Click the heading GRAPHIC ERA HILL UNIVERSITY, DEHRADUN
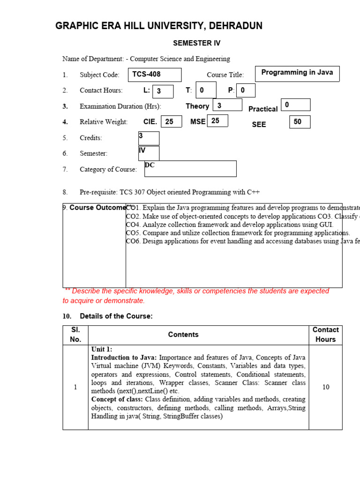(159, 26)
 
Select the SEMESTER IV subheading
(196, 43)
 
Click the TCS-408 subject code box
(155, 75)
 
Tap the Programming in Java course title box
(297, 74)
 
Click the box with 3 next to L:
(163, 91)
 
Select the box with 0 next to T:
(206, 90)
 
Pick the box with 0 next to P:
(246, 90)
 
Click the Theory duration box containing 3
(227, 105)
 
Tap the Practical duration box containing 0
(295, 105)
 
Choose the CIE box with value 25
(171, 121)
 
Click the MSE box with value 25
(217, 120)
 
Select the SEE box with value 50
(300, 122)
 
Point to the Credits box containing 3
(149, 138)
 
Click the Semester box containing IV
(149, 153)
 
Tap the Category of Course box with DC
(190, 169)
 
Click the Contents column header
(183, 335)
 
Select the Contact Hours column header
(325, 335)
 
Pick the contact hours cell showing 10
(325, 387)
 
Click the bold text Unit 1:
(102, 349)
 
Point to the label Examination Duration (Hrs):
(120, 106)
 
